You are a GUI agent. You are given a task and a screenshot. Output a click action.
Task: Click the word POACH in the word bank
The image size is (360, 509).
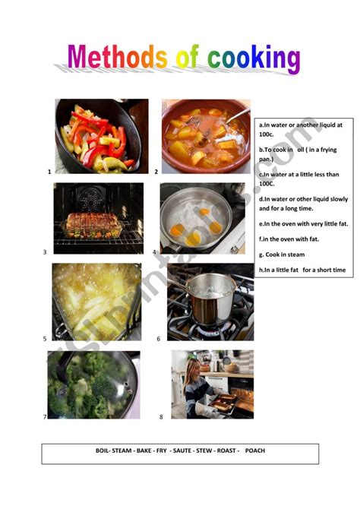pyautogui.click(x=255, y=451)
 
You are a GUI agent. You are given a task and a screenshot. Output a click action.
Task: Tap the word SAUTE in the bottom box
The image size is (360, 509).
pyautogui.click(x=182, y=451)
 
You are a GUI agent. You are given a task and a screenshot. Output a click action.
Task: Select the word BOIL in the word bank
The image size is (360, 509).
pyautogui.click(x=103, y=451)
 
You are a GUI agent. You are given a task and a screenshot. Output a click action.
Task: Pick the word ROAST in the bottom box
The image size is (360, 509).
pyautogui.click(x=226, y=451)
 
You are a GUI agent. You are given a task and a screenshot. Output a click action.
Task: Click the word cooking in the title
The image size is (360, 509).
pyautogui.click(x=254, y=58)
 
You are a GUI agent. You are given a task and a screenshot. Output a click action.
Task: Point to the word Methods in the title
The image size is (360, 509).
pyautogui.click(x=117, y=56)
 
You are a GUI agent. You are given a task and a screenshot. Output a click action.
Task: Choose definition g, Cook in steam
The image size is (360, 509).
pyautogui.click(x=282, y=254)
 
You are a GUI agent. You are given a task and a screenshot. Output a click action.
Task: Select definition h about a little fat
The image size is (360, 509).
pyautogui.click(x=302, y=270)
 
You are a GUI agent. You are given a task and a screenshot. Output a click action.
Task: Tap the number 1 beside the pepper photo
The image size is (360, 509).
pyautogui.click(x=49, y=172)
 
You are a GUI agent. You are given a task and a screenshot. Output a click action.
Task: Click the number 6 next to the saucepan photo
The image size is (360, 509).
pyautogui.click(x=159, y=339)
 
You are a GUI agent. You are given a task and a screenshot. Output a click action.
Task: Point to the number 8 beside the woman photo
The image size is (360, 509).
pyautogui.click(x=161, y=417)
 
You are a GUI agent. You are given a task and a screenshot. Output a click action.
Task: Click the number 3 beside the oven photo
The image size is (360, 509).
pyautogui.click(x=45, y=252)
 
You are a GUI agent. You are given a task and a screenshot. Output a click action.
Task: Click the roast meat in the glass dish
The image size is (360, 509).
pyautogui.click(x=92, y=221)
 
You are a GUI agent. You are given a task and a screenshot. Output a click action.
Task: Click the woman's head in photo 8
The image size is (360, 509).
pyautogui.click(x=193, y=368)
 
